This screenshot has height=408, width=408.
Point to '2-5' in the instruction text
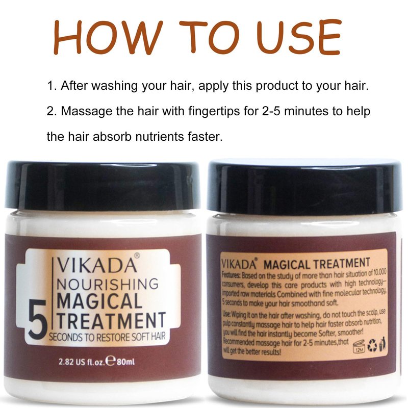269,111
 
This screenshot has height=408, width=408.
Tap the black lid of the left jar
103,185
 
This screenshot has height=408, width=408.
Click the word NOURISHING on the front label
107,284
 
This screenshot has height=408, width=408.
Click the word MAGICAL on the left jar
99,301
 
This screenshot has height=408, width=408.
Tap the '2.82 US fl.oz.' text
82,362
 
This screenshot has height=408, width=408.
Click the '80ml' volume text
125,362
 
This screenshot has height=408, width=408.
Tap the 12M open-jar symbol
359,347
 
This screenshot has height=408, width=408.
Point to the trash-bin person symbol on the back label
382,344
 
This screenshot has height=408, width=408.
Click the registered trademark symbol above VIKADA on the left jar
137,256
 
